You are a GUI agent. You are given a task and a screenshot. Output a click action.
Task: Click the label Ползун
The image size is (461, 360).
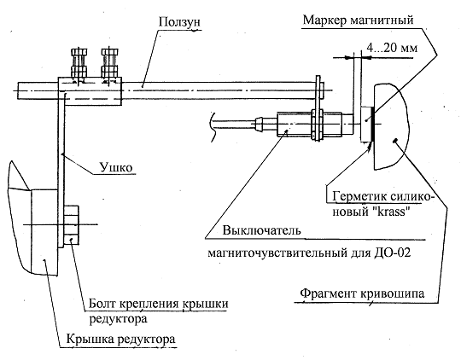(179, 22)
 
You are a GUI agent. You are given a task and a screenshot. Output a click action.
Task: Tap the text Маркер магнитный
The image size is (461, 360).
(358, 20)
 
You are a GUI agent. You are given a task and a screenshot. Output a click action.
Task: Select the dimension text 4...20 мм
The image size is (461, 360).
(392, 47)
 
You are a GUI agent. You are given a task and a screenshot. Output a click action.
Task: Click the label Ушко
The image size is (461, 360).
(116, 167)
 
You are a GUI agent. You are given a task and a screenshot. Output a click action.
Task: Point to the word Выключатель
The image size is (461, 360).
(262, 230)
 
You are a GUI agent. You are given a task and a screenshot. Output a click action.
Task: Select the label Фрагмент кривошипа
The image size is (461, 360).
(362, 293)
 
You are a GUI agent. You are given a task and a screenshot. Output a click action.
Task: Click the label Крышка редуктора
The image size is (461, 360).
(121, 340)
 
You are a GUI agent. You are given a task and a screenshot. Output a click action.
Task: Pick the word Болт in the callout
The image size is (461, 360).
(102, 304)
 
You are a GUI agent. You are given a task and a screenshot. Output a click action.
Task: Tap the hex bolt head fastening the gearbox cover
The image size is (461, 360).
(72, 225)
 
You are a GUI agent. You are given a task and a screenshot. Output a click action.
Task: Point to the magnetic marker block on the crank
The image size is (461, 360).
(366, 124)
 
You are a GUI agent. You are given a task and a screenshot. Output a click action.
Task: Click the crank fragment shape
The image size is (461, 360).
(391, 127)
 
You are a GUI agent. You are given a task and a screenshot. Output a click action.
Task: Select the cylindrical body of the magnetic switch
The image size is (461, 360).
(308, 124)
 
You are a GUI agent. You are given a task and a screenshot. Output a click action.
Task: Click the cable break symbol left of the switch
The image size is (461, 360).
(213, 127)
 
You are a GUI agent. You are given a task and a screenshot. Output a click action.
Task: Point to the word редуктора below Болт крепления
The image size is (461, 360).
(118, 319)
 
